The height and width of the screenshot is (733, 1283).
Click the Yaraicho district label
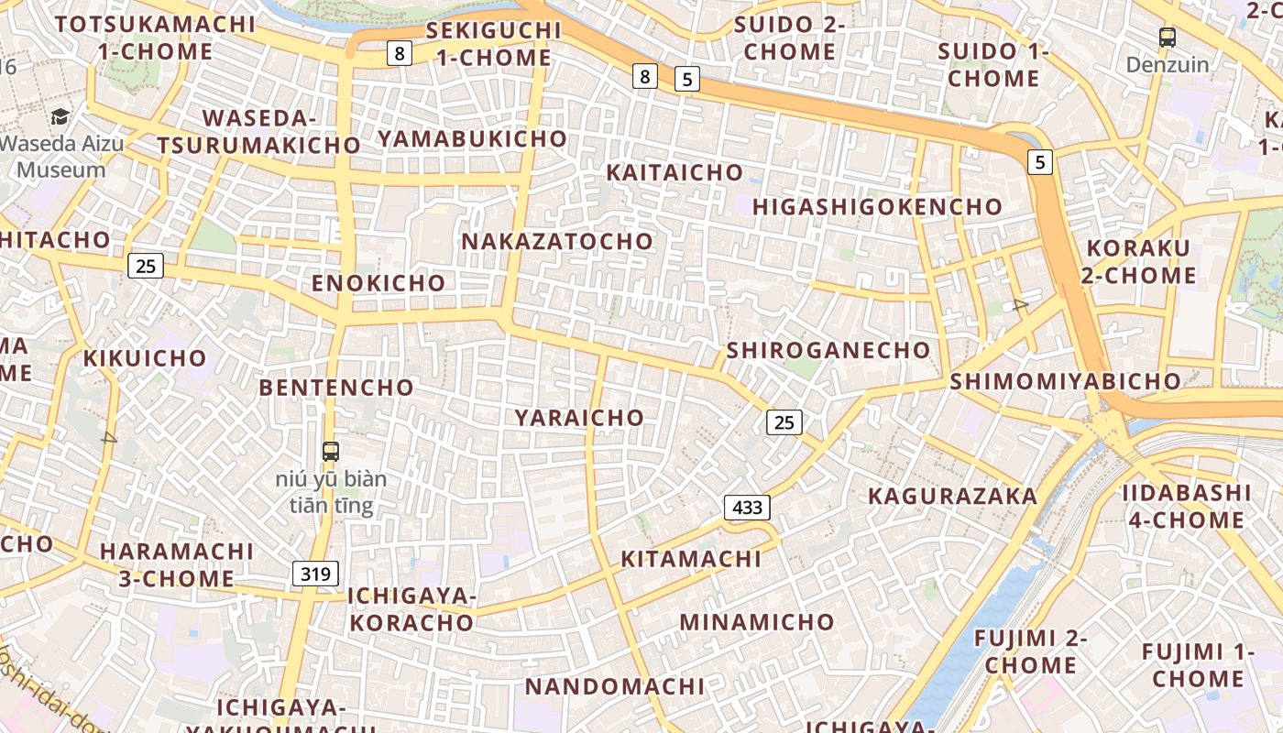coord(579,418)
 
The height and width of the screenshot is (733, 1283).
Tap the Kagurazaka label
coord(952,497)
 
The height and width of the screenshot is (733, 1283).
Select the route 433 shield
coord(747,507)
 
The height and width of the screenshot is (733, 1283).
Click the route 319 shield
coord(315,574)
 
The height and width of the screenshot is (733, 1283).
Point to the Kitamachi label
coord(691,559)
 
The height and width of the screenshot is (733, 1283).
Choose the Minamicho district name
coord(757,622)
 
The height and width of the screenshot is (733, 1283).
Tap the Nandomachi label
coord(615,686)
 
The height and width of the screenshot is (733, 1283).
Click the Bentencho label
coord(336,388)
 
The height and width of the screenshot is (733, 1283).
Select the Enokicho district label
coord(378,283)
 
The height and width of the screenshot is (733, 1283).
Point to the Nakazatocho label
coord(557,242)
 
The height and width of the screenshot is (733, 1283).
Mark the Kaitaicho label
coord(674,172)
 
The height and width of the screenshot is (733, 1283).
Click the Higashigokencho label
coord(877,207)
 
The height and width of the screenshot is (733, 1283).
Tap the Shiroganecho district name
coord(828,350)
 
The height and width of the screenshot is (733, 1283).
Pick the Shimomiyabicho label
coord(1065,381)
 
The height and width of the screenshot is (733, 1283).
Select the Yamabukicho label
coord(473,138)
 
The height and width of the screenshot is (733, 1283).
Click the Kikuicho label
coord(145,358)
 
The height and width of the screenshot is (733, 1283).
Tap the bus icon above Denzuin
coord(1168,38)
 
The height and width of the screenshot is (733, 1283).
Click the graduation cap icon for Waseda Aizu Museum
coord(60,116)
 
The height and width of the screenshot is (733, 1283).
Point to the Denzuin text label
coord(1168,65)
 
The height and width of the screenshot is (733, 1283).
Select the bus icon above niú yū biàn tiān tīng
coord(331,451)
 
